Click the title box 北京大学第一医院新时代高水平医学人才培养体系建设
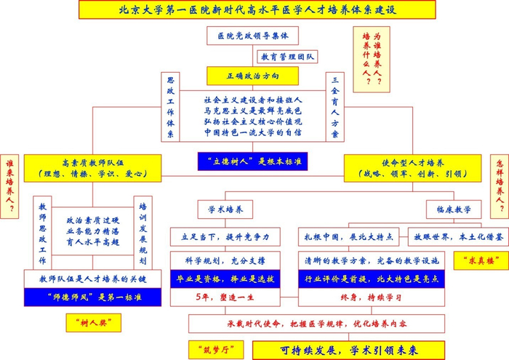255,9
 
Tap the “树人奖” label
92,322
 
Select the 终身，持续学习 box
371,297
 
